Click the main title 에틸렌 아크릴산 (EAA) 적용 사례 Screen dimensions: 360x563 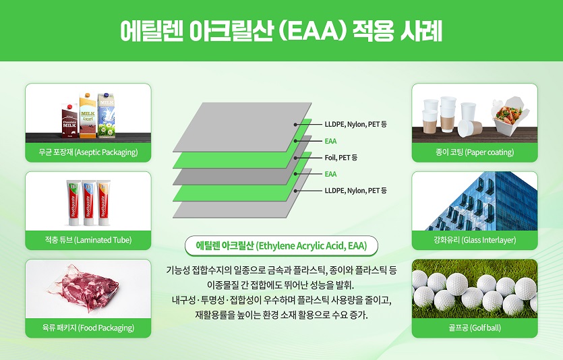(281, 30)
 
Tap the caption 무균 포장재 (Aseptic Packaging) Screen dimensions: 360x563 (88, 152)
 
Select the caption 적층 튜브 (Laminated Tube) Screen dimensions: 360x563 (88, 240)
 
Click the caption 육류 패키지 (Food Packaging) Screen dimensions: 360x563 (88, 328)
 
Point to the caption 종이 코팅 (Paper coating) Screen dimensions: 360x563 (475, 152)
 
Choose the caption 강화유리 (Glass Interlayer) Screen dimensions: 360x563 (475, 240)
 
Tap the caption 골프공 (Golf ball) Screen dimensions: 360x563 (475, 328)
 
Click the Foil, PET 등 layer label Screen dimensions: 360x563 (340, 158)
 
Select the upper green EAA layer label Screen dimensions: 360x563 (330, 141)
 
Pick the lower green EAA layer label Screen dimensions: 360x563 (330, 174)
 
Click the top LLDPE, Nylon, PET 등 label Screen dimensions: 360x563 (355, 125)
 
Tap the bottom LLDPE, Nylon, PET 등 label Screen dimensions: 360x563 (355, 191)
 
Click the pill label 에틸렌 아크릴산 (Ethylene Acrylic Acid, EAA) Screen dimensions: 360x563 (281, 246)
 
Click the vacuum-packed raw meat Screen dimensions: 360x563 (84, 290)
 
